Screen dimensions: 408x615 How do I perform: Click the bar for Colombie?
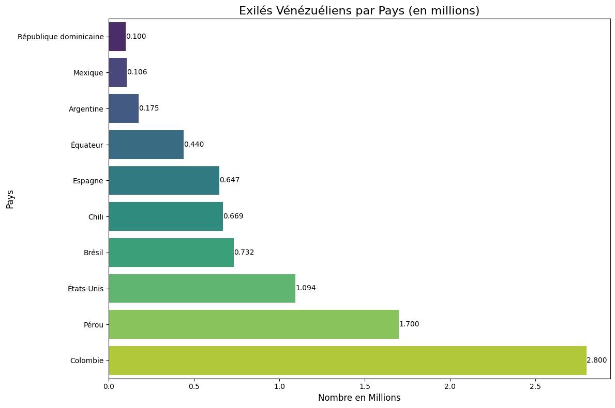pyautogui.click(x=348, y=360)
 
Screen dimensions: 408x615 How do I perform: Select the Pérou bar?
pyautogui.click(x=253, y=324)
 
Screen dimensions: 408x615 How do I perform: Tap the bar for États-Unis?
pyautogui.click(x=202, y=288)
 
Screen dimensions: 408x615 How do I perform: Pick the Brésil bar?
pyautogui.click(x=171, y=253)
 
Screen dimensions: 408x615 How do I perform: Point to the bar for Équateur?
pyautogui.click(x=146, y=145)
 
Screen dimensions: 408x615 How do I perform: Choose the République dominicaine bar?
pyautogui.click(x=117, y=37)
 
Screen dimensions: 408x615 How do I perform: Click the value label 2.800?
pyautogui.click(x=597, y=360)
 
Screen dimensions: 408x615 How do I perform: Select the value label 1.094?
pyautogui.click(x=306, y=288)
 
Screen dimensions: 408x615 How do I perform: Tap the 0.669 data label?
pyautogui.click(x=233, y=216)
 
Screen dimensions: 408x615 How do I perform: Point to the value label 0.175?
pyautogui.click(x=149, y=108)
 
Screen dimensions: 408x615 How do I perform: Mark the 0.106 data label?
pyautogui.click(x=137, y=72)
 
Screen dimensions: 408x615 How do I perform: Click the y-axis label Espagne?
pyautogui.click(x=88, y=181)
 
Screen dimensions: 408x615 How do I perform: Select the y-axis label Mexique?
pyautogui.click(x=88, y=73)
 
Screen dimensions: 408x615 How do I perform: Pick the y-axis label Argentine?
pyautogui.click(x=86, y=109)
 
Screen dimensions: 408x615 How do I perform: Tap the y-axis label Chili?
pyautogui.click(x=96, y=216)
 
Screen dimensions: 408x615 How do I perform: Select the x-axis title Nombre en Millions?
pyautogui.click(x=359, y=398)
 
